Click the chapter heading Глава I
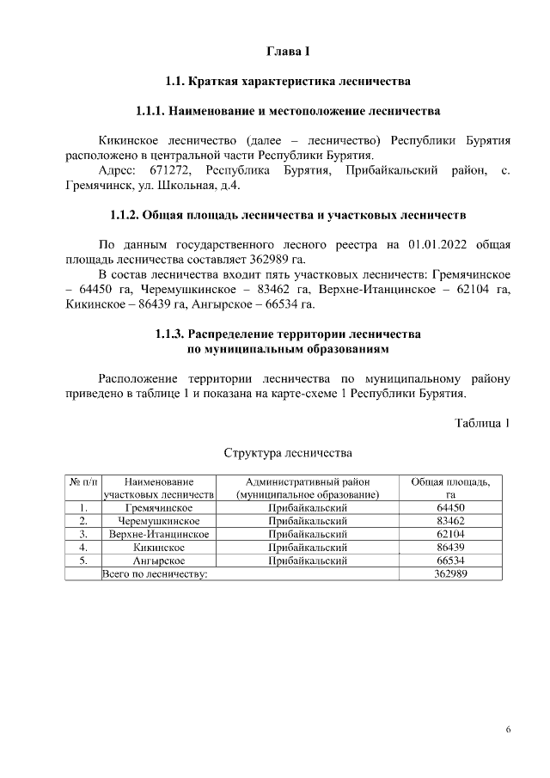coord(288,53)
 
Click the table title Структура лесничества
coord(288,452)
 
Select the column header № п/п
coord(83,482)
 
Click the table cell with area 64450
coord(450,508)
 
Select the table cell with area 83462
coord(450,521)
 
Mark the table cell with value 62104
coord(450,534)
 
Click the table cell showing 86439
coord(450,547)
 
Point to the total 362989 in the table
coord(450,573)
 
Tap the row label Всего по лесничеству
coord(156,573)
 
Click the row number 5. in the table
coord(83,561)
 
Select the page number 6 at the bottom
coord(508,730)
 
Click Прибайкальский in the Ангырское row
coord(307,561)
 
